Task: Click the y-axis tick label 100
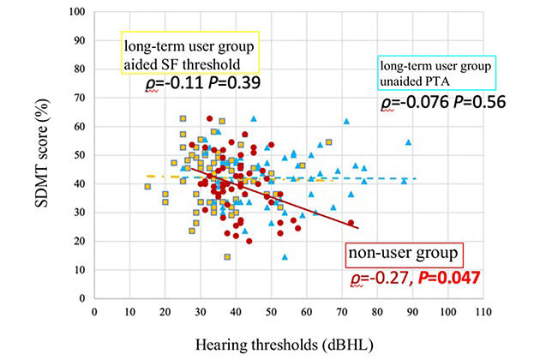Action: tap(77, 12)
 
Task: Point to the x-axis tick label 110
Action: tap(483, 312)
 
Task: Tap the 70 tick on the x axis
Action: tap(342, 312)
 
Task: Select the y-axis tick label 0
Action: tap(82, 298)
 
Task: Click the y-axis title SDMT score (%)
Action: tap(42, 153)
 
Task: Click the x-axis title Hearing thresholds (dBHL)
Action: tap(285, 345)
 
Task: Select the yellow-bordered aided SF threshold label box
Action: tap(190, 52)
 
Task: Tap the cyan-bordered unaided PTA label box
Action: tap(436, 74)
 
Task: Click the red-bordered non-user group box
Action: tap(405, 255)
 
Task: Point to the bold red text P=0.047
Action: tap(449, 278)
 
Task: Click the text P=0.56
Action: tap(479, 102)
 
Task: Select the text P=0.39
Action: tap(235, 83)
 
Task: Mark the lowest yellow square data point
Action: tap(227, 257)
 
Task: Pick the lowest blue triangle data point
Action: tap(285, 257)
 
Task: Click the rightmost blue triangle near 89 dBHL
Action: tap(409, 142)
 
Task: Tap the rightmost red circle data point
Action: tap(351, 223)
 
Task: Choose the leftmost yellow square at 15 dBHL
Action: tap(147, 187)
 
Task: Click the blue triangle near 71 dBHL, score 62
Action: tap(346, 121)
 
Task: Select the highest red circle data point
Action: tap(209, 118)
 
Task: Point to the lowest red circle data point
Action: tap(249, 241)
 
